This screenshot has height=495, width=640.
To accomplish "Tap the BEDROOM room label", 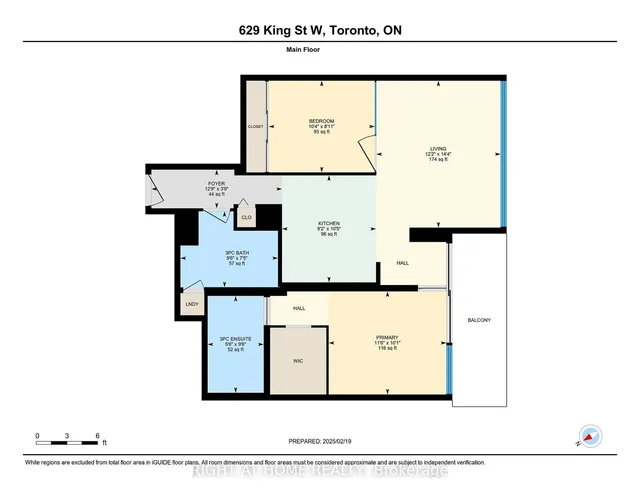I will click(x=321, y=124).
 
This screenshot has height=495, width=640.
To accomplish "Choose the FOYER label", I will click(x=216, y=184).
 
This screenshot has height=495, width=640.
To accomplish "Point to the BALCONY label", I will click(x=479, y=320).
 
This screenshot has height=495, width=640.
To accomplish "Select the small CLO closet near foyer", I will click(x=246, y=215).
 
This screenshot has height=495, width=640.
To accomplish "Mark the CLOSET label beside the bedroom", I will click(x=256, y=127).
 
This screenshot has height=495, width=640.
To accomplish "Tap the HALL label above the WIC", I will click(x=298, y=309).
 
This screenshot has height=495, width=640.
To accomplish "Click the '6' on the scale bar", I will click(x=98, y=436).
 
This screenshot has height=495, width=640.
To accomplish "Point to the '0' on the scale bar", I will click(x=37, y=436).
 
